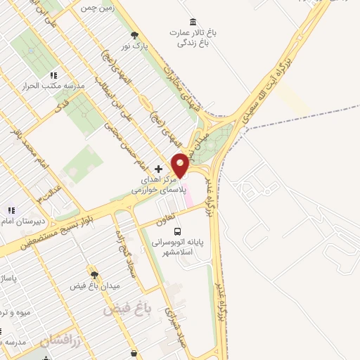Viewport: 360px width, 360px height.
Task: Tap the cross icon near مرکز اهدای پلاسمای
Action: coord(158,169)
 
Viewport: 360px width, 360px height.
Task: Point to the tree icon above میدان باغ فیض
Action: coord(93,275)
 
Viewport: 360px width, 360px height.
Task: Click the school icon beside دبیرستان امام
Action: coord(11,210)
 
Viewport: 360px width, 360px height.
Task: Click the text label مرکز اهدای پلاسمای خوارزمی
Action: coord(162,185)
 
